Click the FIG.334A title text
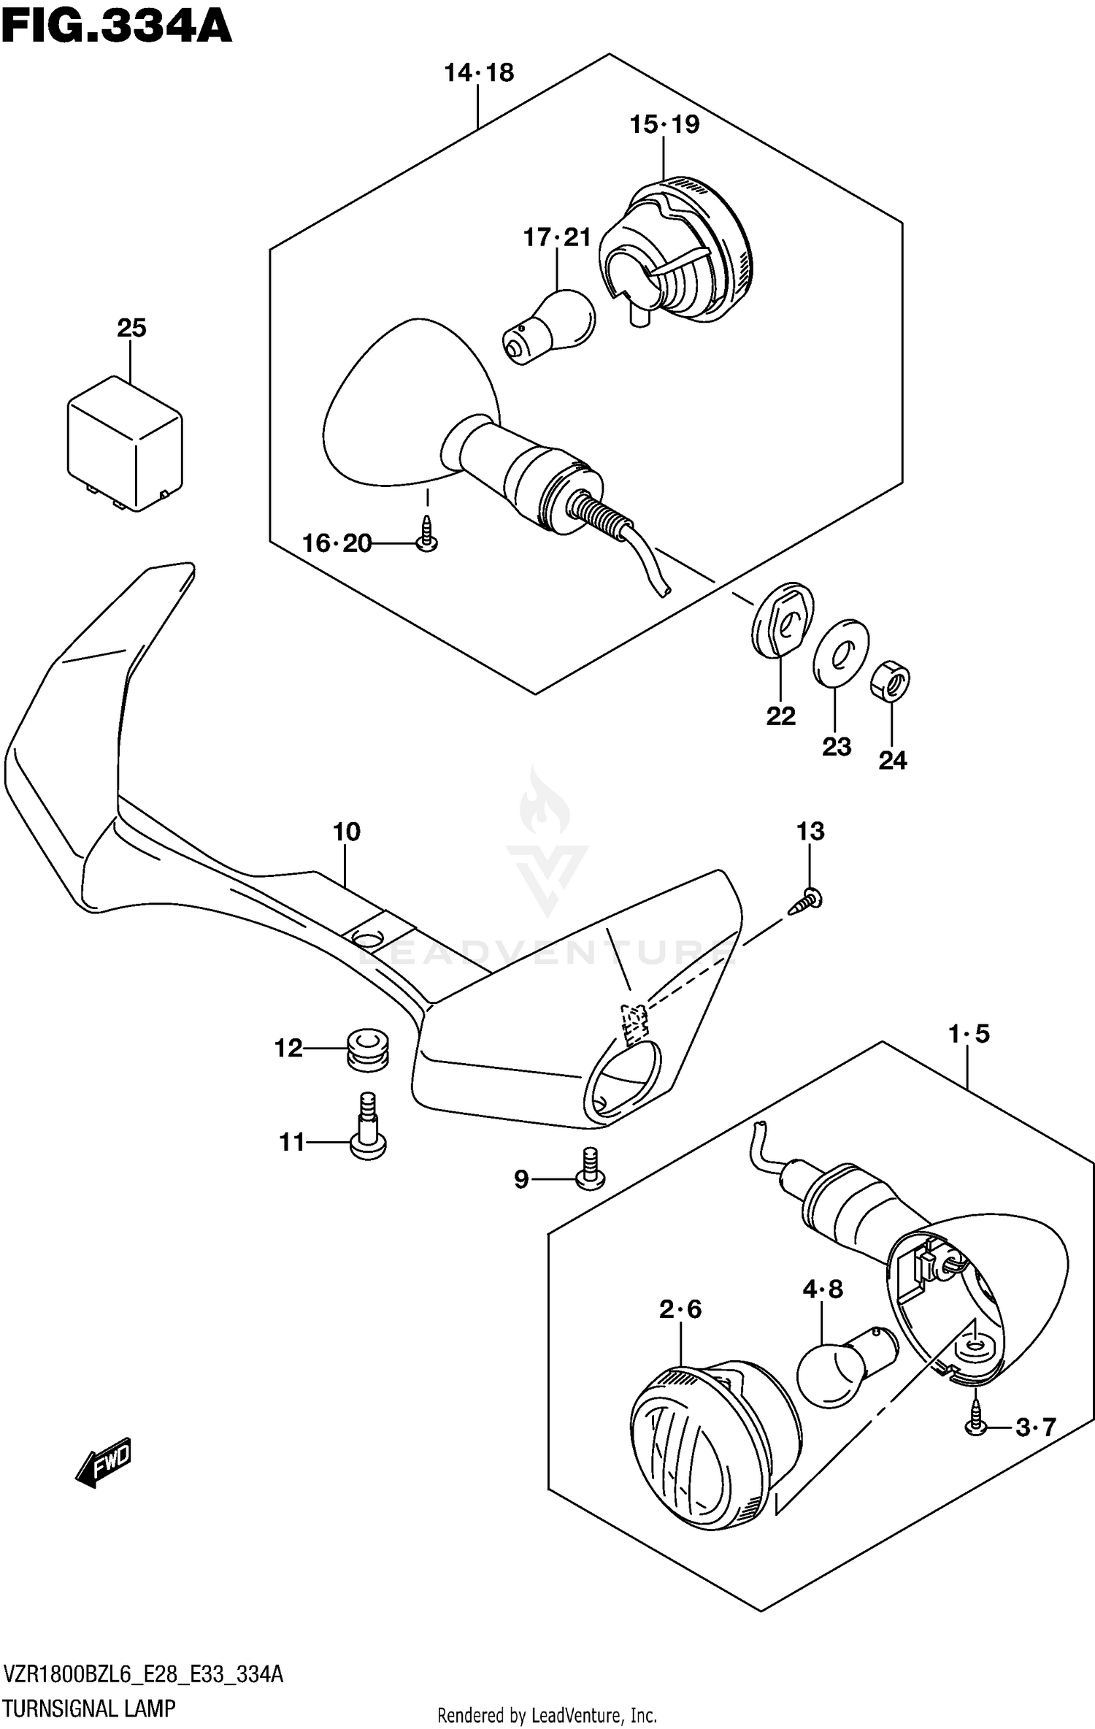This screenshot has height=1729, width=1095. (117, 28)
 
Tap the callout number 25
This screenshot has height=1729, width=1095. (131, 328)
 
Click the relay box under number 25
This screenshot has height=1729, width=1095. (125, 443)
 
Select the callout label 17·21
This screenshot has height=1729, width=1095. (556, 237)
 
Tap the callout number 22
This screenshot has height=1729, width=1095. (780, 716)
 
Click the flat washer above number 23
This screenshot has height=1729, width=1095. (841, 653)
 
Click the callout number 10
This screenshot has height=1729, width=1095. (347, 831)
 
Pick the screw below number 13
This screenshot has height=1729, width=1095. (807, 900)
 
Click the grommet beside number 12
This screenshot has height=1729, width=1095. (368, 1050)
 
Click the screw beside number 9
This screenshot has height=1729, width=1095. (590, 1169)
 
